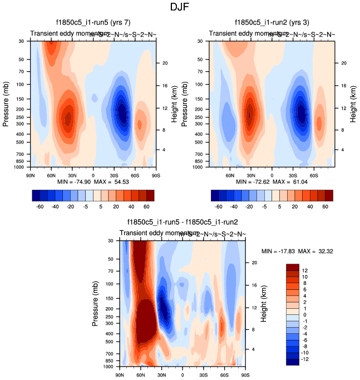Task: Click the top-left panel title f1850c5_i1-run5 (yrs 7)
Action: (x=93, y=23)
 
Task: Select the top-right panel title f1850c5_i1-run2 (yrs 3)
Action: (x=272, y=23)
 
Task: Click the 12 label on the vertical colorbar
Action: (x=305, y=268)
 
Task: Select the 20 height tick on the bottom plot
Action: (x=256, y=262)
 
